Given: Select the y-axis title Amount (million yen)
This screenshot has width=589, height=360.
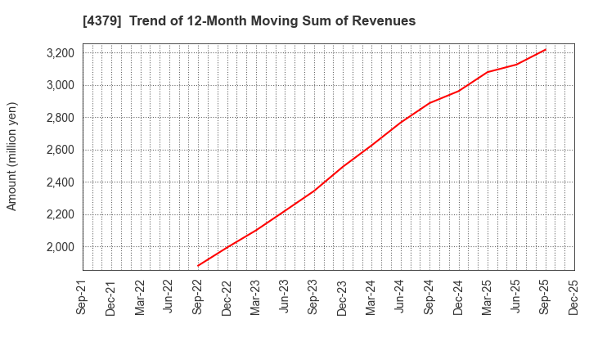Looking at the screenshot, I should (x=12, y=156).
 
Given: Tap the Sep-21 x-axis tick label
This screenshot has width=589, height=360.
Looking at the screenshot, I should (x=83, y=297).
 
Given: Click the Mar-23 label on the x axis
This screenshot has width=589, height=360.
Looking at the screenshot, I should (x=256, y=297).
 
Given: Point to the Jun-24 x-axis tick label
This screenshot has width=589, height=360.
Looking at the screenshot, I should (x=400, y=297).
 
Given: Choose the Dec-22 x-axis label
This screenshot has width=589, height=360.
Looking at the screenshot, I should (x=227, y=297).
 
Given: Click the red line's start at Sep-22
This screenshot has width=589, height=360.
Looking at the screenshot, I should (x=198, y=266).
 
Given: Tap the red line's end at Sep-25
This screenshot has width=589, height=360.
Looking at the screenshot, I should (x=545, y=49).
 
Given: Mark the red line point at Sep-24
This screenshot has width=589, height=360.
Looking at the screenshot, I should (x=429, y=102).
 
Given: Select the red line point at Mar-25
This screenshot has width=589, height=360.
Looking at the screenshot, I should (x=488, y=72).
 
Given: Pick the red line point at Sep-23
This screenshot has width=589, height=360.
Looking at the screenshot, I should (x=313, y=191).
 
